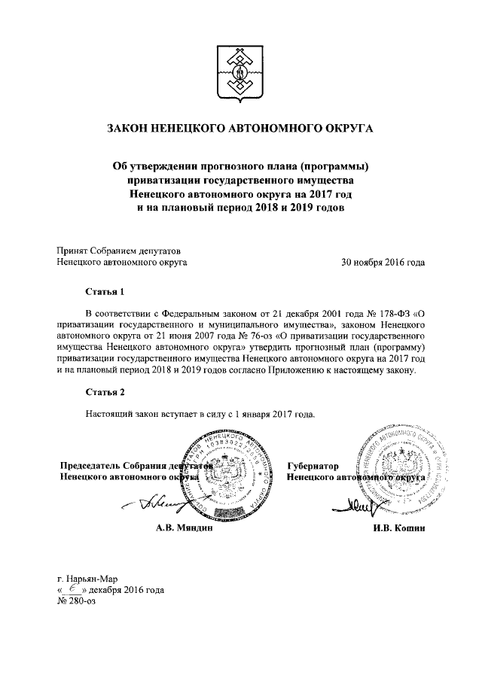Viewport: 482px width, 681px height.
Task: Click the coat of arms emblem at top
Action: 240,73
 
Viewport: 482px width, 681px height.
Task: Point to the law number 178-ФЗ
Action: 397,312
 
